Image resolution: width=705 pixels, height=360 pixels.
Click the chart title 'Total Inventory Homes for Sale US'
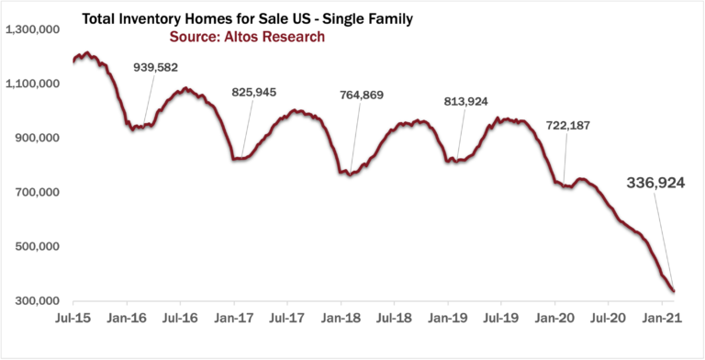tap(229, 18)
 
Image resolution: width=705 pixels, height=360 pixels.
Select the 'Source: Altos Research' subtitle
tap(247, 37)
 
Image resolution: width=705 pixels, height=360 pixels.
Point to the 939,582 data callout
tap(177, 68)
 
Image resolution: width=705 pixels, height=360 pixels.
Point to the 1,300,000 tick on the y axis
tap(33, 29)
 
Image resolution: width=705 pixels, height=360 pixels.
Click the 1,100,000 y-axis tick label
tap(33, 84)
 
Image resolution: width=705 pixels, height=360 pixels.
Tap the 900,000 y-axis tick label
tap(38, 138)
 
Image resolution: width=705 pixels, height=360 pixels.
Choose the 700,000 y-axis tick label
tap(38, 192)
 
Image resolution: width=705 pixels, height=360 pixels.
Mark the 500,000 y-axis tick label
tap(38, 246)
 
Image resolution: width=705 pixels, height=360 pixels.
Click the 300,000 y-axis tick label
tap(38, 301)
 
